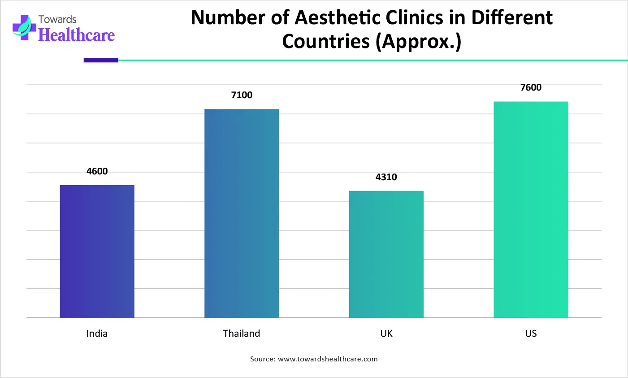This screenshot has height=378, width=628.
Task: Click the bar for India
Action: (97, 251)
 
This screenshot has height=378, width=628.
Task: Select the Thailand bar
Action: (242, 213)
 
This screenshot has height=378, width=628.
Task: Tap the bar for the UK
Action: (386, 254)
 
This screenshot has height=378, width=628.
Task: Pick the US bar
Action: (531, 209)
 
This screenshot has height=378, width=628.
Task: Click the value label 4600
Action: (97, 171)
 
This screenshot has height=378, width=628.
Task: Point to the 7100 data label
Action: (242, 95)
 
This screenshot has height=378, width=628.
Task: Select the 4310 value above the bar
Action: (386, 177)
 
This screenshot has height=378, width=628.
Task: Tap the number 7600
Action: (531, 87)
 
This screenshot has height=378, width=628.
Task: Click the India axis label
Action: (97, 334)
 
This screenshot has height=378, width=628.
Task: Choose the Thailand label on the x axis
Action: (242, 334)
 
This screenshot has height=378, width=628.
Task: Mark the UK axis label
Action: (386, 334)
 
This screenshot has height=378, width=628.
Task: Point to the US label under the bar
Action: (531, 334)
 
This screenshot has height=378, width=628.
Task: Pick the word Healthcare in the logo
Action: (77, 35)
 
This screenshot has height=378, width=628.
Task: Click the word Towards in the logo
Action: (57, 19)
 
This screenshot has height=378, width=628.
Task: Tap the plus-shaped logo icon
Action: (24, 27)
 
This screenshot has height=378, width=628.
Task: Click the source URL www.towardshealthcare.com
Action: (328, 359)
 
